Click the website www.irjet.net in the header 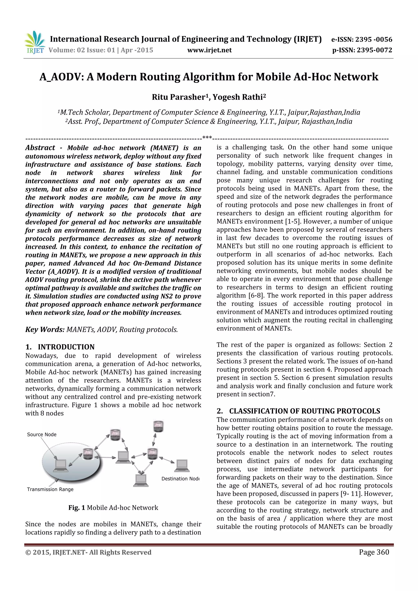point(209,50)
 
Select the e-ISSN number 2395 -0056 point(374,39)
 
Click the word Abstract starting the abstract point(40,148)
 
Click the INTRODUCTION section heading point(66,347)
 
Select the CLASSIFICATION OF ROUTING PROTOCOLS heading point(305,411)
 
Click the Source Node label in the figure point(42,435)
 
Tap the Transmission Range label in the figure point(50,489)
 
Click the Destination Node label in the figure point(180,479)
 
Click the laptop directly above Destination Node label point(182,465)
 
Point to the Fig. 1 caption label point(77,508)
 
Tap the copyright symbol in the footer point(28,552)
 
